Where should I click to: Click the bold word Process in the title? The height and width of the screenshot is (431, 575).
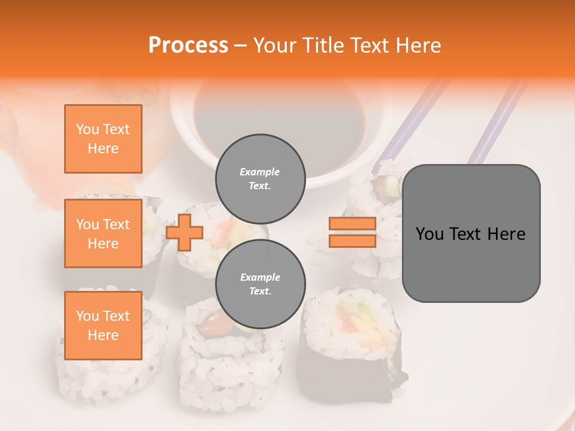(188, 45)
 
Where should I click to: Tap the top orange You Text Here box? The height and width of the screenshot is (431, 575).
(103, 139)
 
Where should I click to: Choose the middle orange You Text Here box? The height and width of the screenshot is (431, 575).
(103, 233)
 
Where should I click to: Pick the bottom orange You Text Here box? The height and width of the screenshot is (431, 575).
(103, 325)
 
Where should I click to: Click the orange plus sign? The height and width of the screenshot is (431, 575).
(184, 232)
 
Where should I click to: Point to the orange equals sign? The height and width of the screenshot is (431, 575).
(352, 232)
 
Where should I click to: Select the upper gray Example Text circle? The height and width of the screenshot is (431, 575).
(260, 178)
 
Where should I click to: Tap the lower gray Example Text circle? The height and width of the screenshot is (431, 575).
(260, 284)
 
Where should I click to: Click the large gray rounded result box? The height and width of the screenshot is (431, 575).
(471, 233)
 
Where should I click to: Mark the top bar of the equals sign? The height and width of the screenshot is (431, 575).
(352, 224)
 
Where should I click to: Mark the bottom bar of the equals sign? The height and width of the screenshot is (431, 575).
(352, 241)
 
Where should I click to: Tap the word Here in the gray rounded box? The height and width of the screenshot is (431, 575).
(506, 234)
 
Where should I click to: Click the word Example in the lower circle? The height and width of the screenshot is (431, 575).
(260, 277)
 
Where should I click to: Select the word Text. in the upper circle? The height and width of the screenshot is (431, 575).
(260, 186)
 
